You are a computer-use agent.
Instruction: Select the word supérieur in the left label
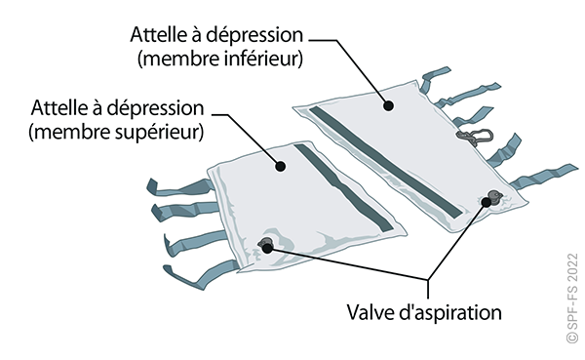coord(160,133)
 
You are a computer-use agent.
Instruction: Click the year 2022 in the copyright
coord(572,267)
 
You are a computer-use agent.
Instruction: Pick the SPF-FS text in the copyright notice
coord(572,309)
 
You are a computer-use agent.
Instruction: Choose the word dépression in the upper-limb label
coord(155,109)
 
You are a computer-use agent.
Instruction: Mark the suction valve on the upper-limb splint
coord(266,244)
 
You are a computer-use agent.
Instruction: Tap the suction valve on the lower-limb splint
coord(495,196)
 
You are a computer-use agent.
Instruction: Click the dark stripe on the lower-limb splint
coord(386,162)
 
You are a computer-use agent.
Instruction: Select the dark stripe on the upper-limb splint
coord(343,187)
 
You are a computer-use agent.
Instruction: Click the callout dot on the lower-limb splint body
coord(389,106)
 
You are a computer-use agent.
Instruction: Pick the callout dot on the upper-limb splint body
coord(281,166)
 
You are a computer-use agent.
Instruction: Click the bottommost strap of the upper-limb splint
coord(202,275)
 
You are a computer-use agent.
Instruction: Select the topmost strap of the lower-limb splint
coord(435,78)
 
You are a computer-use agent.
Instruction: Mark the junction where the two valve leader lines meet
coord(428,280)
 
